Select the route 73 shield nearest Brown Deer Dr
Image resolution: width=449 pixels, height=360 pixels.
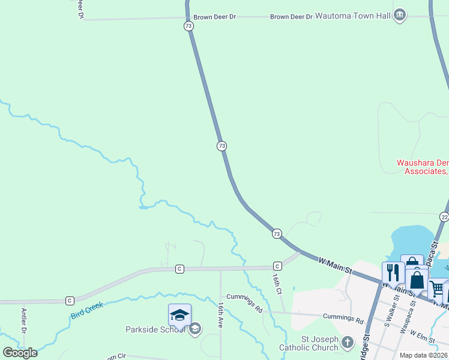point(188,26)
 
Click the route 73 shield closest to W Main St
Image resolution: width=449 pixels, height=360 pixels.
point(276,233)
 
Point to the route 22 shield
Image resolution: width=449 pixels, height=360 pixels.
point(444,217)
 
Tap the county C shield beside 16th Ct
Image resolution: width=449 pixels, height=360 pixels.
point(277,266)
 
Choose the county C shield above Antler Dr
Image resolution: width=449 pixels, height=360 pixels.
point(70,300)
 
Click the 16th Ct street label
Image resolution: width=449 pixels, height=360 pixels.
point(277,283)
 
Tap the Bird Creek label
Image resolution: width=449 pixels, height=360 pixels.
point(86,310)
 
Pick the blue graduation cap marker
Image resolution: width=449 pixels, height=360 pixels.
point(179,314)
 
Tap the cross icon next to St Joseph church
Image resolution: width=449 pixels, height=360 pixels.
point(348,343)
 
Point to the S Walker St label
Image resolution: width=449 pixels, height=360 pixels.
point(394,308)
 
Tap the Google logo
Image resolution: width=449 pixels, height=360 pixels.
point(20,352)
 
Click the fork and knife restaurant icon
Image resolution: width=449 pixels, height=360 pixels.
point(393,272)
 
